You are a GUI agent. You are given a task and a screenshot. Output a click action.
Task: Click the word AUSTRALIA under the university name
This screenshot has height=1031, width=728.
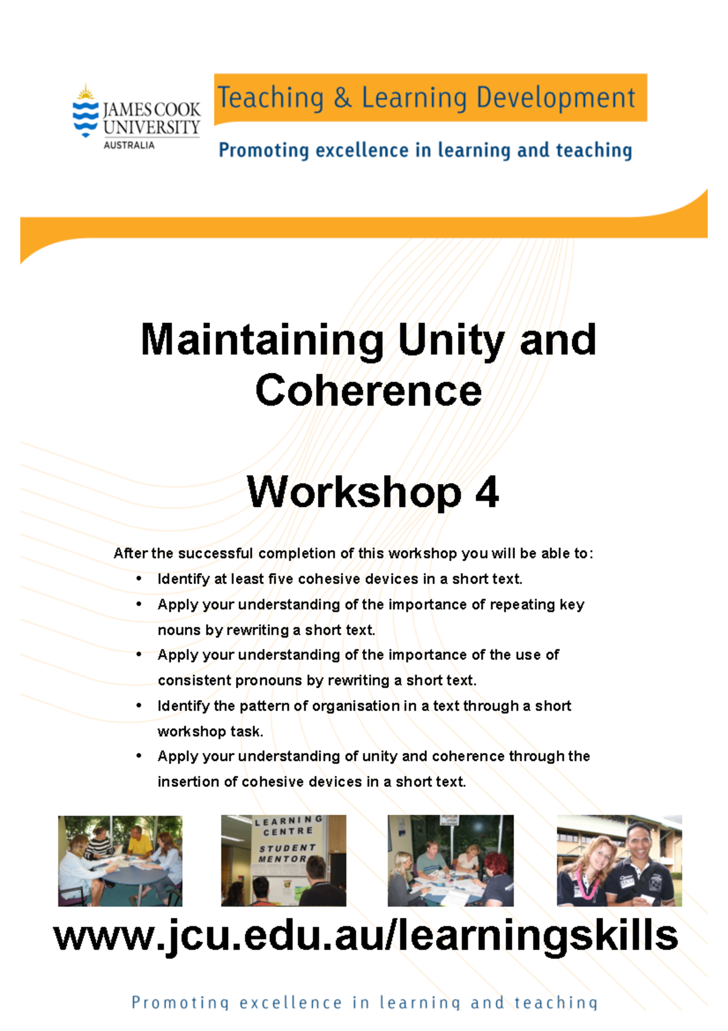129,145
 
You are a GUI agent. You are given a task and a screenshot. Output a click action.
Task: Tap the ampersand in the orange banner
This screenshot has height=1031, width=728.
343,98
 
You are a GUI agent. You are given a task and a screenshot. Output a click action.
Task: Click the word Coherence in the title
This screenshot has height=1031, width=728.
368,390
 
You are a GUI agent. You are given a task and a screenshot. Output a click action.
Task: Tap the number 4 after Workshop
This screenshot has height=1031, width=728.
487,492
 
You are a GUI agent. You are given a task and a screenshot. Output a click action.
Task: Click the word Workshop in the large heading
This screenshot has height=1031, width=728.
354,492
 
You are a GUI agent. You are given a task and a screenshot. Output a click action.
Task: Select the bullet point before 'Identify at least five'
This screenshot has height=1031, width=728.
140,579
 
